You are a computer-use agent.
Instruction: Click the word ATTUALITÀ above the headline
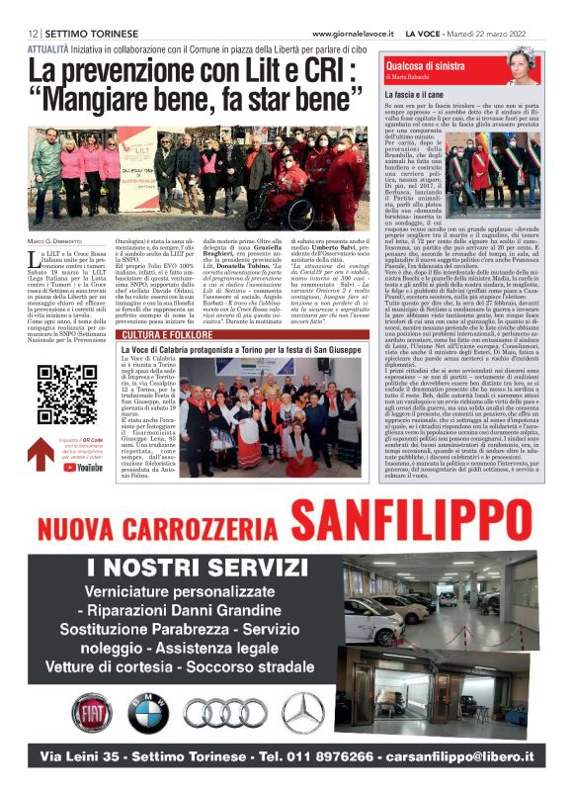click(x=54, y=47)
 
